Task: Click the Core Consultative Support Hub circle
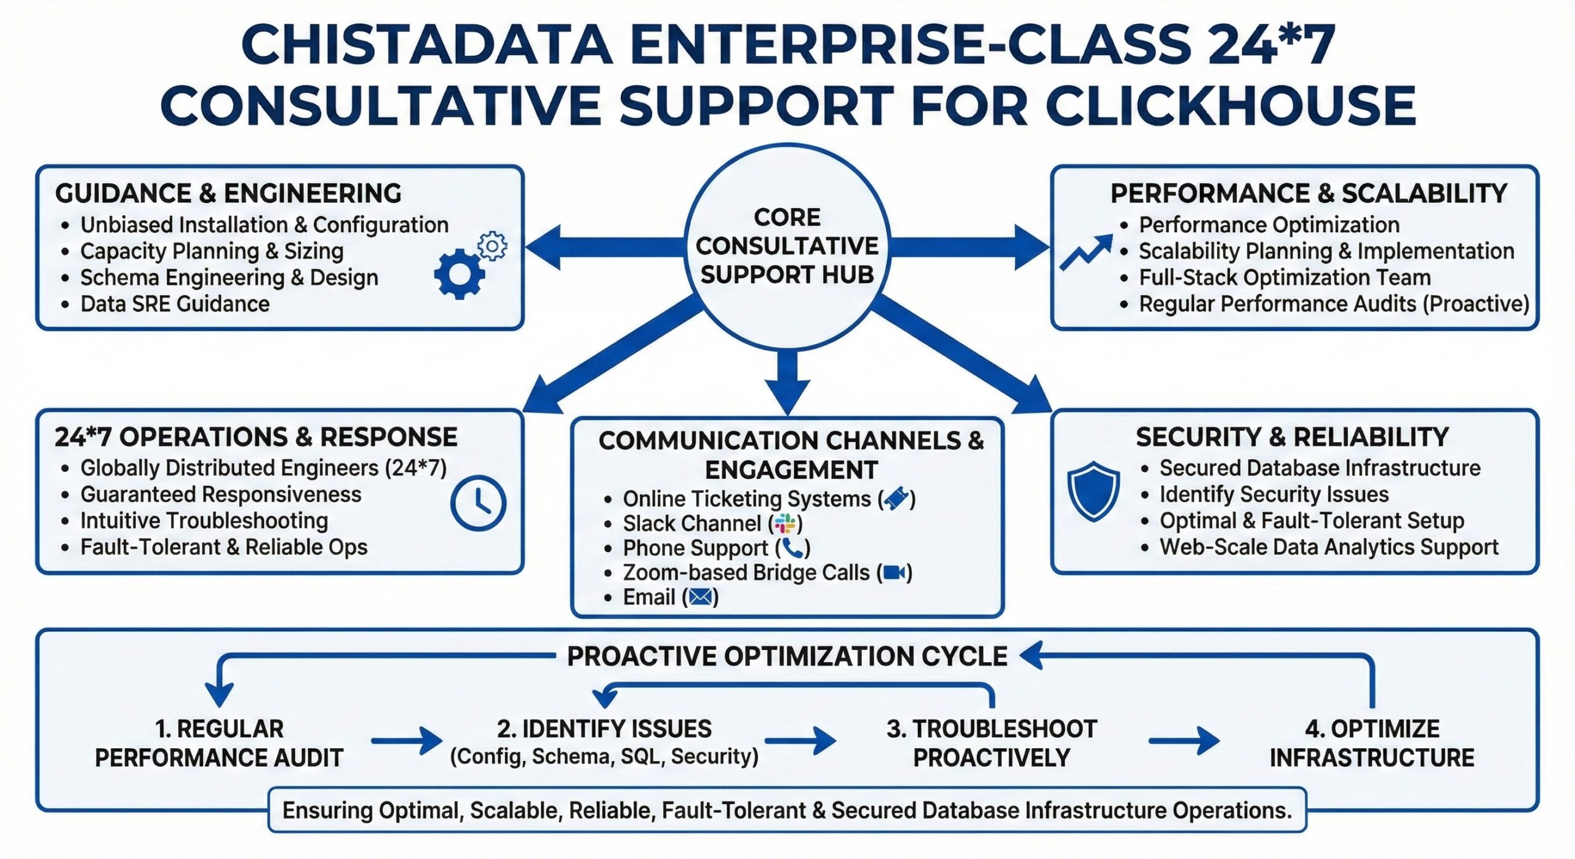click(787, 246)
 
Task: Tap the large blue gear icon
click(459, 274)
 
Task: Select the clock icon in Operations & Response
click(478, 503)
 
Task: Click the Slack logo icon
click(785, 524)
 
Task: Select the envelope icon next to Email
click(700, 597)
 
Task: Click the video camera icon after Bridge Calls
click(894, 573)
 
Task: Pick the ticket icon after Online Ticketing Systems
click(896, 498)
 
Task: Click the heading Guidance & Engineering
click(228, 194)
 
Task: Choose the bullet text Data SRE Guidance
click(175, 304)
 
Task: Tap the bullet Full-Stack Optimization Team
click(1285, 278)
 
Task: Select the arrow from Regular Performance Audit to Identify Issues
click(407, 741)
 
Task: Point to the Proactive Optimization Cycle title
click(787, 657)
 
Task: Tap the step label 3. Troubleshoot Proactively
click(992, 743)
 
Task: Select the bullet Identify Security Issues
click(1274, 494)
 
